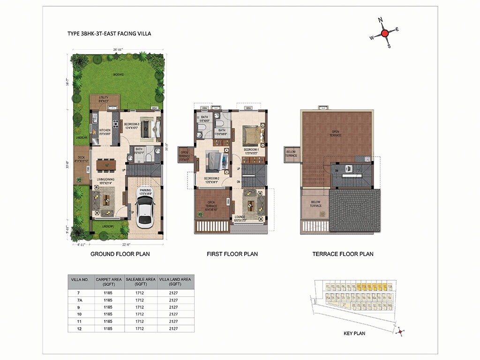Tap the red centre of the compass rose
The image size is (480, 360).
click(x=384, y=33)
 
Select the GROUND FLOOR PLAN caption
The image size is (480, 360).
click(x=120, y=254)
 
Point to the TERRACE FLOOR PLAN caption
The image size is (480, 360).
click(x=343, y=254)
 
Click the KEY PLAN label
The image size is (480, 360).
click(x=354, y=334)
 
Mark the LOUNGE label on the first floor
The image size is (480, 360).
click(x=243, y=217)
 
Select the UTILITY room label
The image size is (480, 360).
click(x=104, y=97)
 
